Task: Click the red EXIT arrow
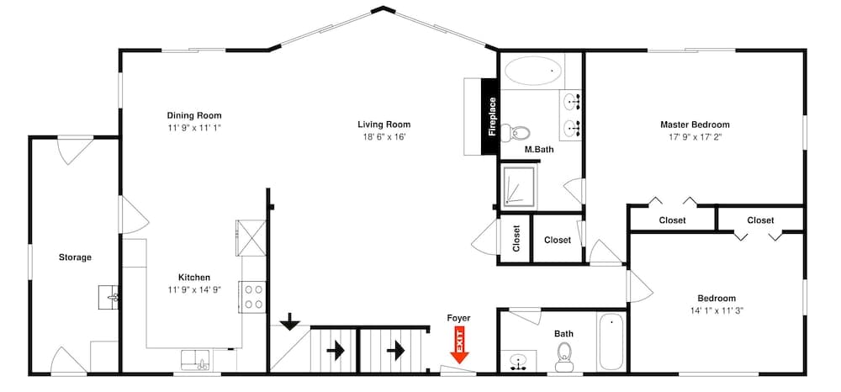(459, 346)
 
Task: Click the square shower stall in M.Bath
(519, 187)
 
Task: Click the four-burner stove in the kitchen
(253, 297)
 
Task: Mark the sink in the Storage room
(108, 297)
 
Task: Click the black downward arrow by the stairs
(290, 320)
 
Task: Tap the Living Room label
(383, 124)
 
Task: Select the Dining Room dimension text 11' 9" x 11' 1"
(193, 128)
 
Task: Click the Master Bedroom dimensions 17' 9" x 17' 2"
(694, 136)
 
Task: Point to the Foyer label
(458, 318)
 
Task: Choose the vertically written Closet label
(516, 239)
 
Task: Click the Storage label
(75, 257)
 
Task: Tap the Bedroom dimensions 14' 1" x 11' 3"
(716, 310)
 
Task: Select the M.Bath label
(537, 150)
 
